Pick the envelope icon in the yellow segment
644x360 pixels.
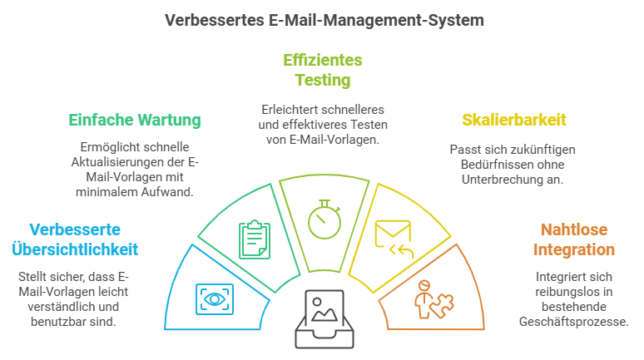(392, 236)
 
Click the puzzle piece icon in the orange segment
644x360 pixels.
(433, 299)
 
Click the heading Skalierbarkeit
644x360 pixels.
(513, 121)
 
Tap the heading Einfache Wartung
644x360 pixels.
(134, 121)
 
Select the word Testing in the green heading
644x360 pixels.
(323, 81)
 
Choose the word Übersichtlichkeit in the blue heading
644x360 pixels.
(75, 249)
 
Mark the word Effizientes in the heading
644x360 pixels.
(323, 61)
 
